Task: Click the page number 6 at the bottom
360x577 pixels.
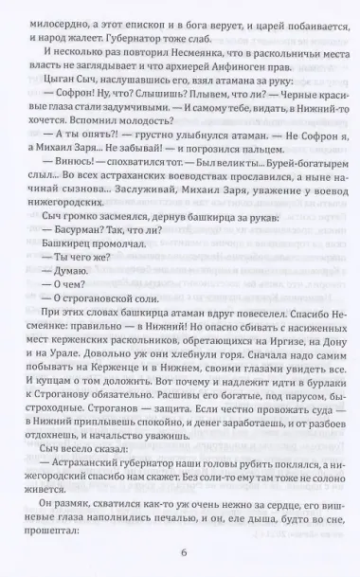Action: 180,555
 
